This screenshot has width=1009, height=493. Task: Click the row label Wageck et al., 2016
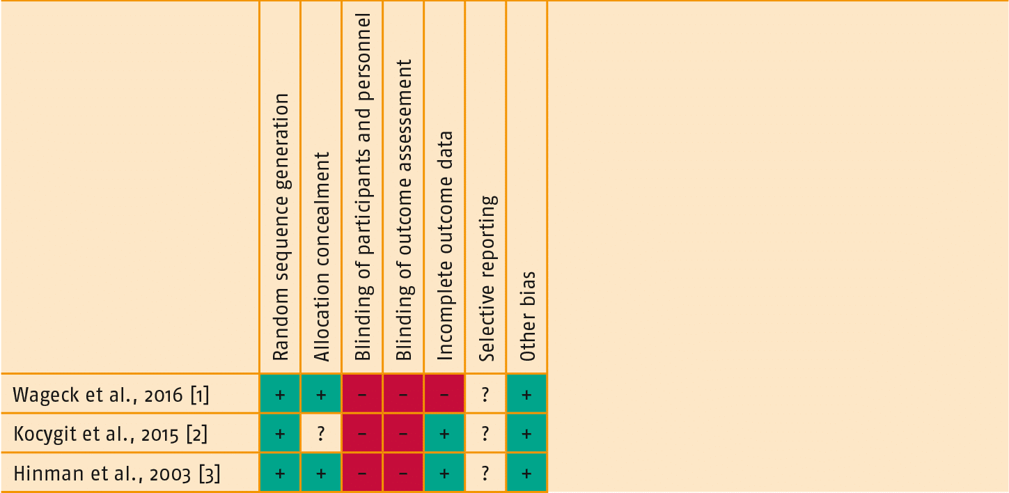click(x=111, y=396)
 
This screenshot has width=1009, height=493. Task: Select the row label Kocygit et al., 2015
click(x=111, y=434)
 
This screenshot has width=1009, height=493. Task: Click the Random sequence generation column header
click(x=280, y=227)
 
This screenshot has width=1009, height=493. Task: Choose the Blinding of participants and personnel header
click(x=362, y=186)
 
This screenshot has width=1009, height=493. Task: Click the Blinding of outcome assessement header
click(x=403, y=209)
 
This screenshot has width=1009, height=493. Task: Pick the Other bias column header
click(x=527, y=315)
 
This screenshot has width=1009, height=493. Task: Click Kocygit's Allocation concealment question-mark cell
click(x=321, y=434)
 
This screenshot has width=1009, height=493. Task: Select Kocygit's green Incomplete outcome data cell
click(x=444, y=434)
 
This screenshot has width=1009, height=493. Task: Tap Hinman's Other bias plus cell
click(x=527, y=473)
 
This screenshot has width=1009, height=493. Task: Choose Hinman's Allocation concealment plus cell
click(x=321, y=473)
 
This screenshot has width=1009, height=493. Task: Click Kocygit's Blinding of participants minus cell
click(x=362, y=434)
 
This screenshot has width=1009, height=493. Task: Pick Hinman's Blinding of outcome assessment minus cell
click(x=403, y=473)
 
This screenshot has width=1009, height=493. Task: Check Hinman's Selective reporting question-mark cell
click(x=486, y=473)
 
